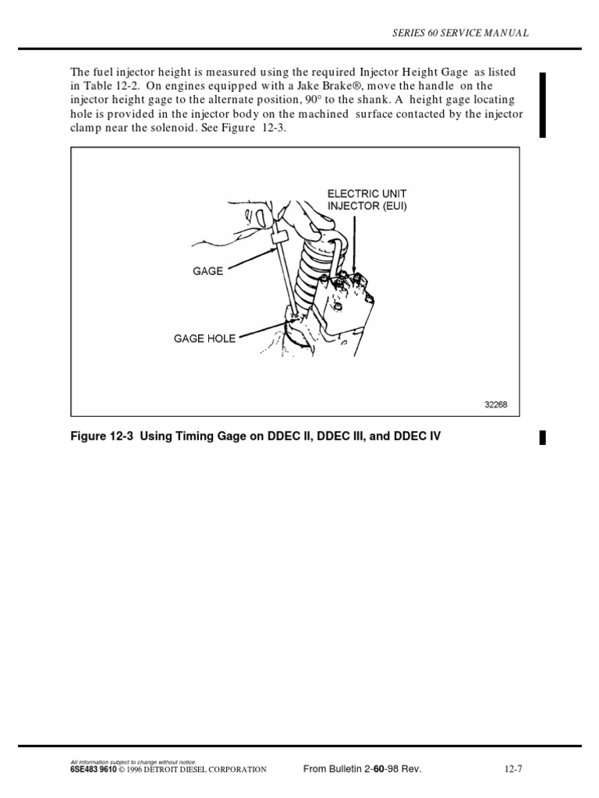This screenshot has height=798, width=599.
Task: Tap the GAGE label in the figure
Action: [207, 271]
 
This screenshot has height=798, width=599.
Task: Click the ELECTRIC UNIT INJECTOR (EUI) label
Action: [367, 199]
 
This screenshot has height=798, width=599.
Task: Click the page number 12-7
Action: [512, 768]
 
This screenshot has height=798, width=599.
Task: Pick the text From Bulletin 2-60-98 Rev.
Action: [362, 768]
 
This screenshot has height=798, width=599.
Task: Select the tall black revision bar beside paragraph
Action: [542, 104]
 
